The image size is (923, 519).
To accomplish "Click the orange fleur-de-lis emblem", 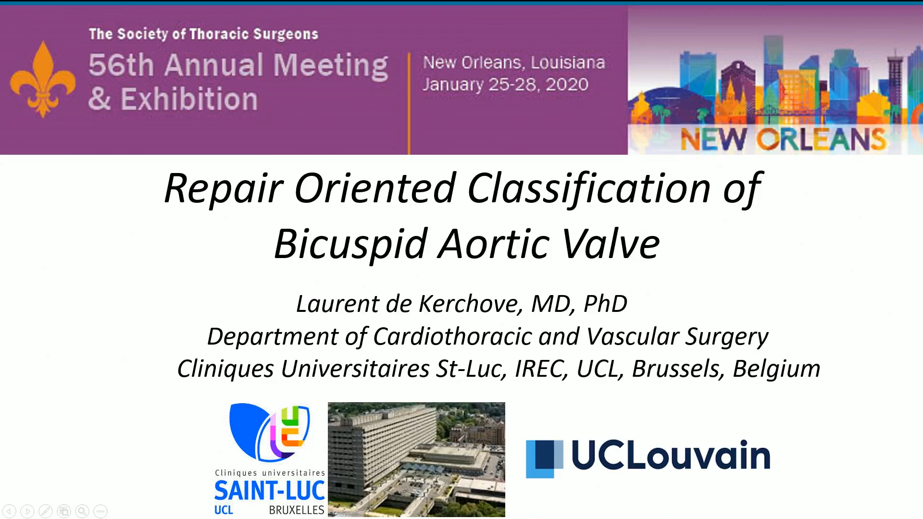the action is pyautogui.click(x=43, y=79).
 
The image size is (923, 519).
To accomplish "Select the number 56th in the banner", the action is pyautogui.click(x=121, y=65).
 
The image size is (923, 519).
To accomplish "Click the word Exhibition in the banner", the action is pyautogui.click(x=189, y=99).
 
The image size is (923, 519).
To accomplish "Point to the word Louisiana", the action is pyautogui.click(x=568, y=62).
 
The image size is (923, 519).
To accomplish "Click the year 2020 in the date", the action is pyautogui.click(x=567, y=85).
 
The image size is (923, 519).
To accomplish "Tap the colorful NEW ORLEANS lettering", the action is pyautogui.click(x=783, y=139).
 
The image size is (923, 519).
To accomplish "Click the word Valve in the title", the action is pyautogui.click(x=611, y=244).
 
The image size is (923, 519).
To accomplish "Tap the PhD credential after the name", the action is pyautogui.click(x=605, y=304).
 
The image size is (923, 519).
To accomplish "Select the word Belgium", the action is pyautogui.click(x=776, y=369).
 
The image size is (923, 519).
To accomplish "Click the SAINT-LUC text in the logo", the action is pyautogui.click(x=270, y=491).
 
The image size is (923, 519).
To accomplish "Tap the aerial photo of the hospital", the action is pyautogui.click(x=416, y=459).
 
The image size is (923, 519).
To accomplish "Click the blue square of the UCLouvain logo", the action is pyautogui.click(x=544, y=459).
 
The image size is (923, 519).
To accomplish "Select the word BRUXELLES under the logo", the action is pyautogui.click(x=297, y=510).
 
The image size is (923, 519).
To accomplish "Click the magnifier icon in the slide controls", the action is pyautogui.click(x=82, y=511).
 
